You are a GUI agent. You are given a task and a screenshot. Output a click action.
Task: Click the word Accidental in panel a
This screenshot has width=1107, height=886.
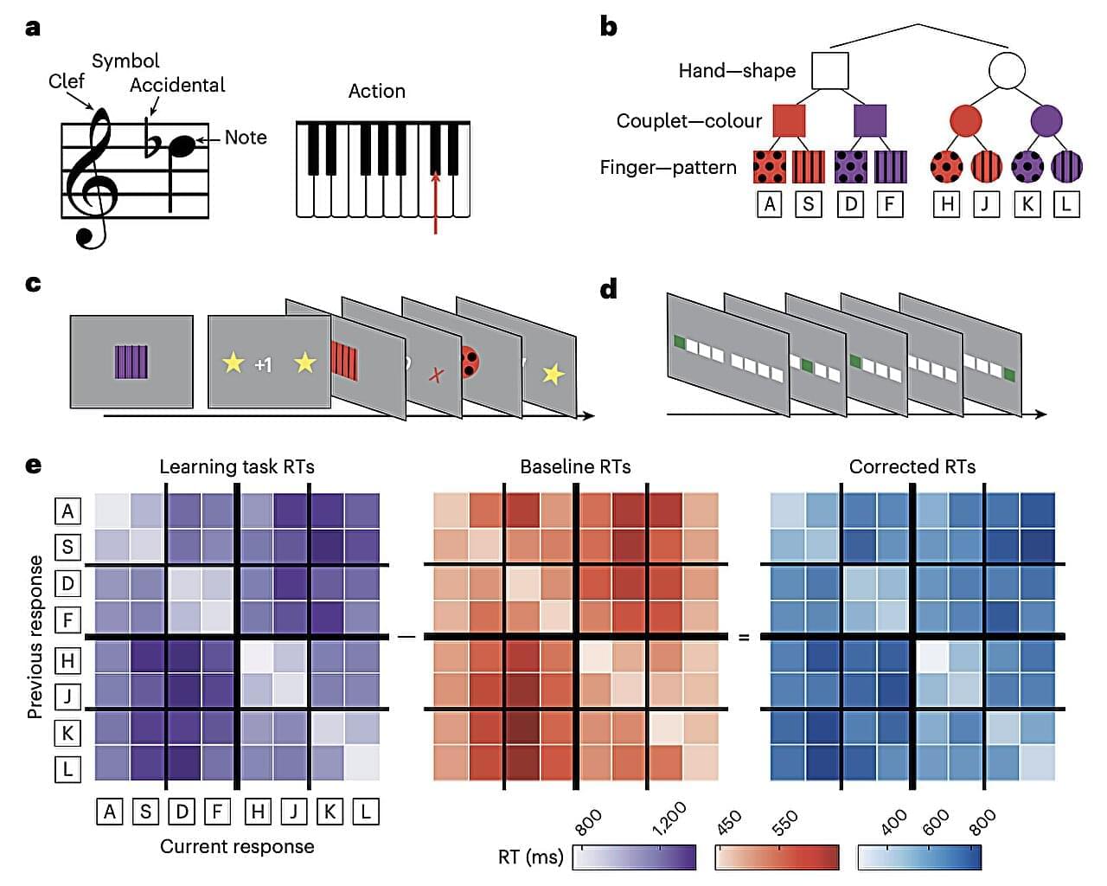tap(177, 85)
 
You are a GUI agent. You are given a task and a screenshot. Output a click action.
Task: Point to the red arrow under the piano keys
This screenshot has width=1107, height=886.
tap(436, 203)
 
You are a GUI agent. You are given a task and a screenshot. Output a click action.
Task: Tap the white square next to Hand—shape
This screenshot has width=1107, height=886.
tap(830, 71)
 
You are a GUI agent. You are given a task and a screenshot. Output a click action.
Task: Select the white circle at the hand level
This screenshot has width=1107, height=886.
tap(1007, 71)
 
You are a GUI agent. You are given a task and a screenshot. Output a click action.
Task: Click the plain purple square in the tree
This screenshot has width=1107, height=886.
tap(870, 121)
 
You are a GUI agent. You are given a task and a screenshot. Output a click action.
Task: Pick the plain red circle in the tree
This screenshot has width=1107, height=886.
tap(965, 121)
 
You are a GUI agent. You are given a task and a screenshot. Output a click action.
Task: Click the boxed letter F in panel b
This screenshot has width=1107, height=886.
tap(889, 204)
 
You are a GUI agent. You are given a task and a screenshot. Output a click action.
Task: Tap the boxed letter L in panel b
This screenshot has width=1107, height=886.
tap(1066, 204)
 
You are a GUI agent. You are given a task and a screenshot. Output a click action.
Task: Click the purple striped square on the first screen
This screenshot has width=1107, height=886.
tap(131, 362)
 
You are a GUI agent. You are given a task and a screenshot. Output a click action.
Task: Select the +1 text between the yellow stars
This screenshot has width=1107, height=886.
tap(263, 365)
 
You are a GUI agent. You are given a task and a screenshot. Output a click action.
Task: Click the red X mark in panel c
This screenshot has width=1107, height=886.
tap(437, 375)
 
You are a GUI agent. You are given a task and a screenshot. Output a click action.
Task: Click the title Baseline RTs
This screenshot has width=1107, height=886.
tap(575, 467)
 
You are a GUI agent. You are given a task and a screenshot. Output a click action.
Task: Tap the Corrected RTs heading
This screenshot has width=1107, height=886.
tap(912, 467)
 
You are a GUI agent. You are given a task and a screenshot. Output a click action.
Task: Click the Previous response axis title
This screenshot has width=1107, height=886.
tap(35, 637)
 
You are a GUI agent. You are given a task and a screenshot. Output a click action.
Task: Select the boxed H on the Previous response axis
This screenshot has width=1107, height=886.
tap(67, 661)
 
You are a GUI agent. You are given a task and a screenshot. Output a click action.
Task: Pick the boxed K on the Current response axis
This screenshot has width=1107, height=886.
tap(330, 812)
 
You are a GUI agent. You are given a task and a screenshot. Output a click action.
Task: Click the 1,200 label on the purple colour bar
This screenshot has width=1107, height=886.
tap(669, 819)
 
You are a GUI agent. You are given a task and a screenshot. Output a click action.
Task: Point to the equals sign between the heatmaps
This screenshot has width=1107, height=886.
tap(744, 638)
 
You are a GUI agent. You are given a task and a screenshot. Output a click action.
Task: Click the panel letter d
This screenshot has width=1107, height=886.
tap(609, 288)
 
